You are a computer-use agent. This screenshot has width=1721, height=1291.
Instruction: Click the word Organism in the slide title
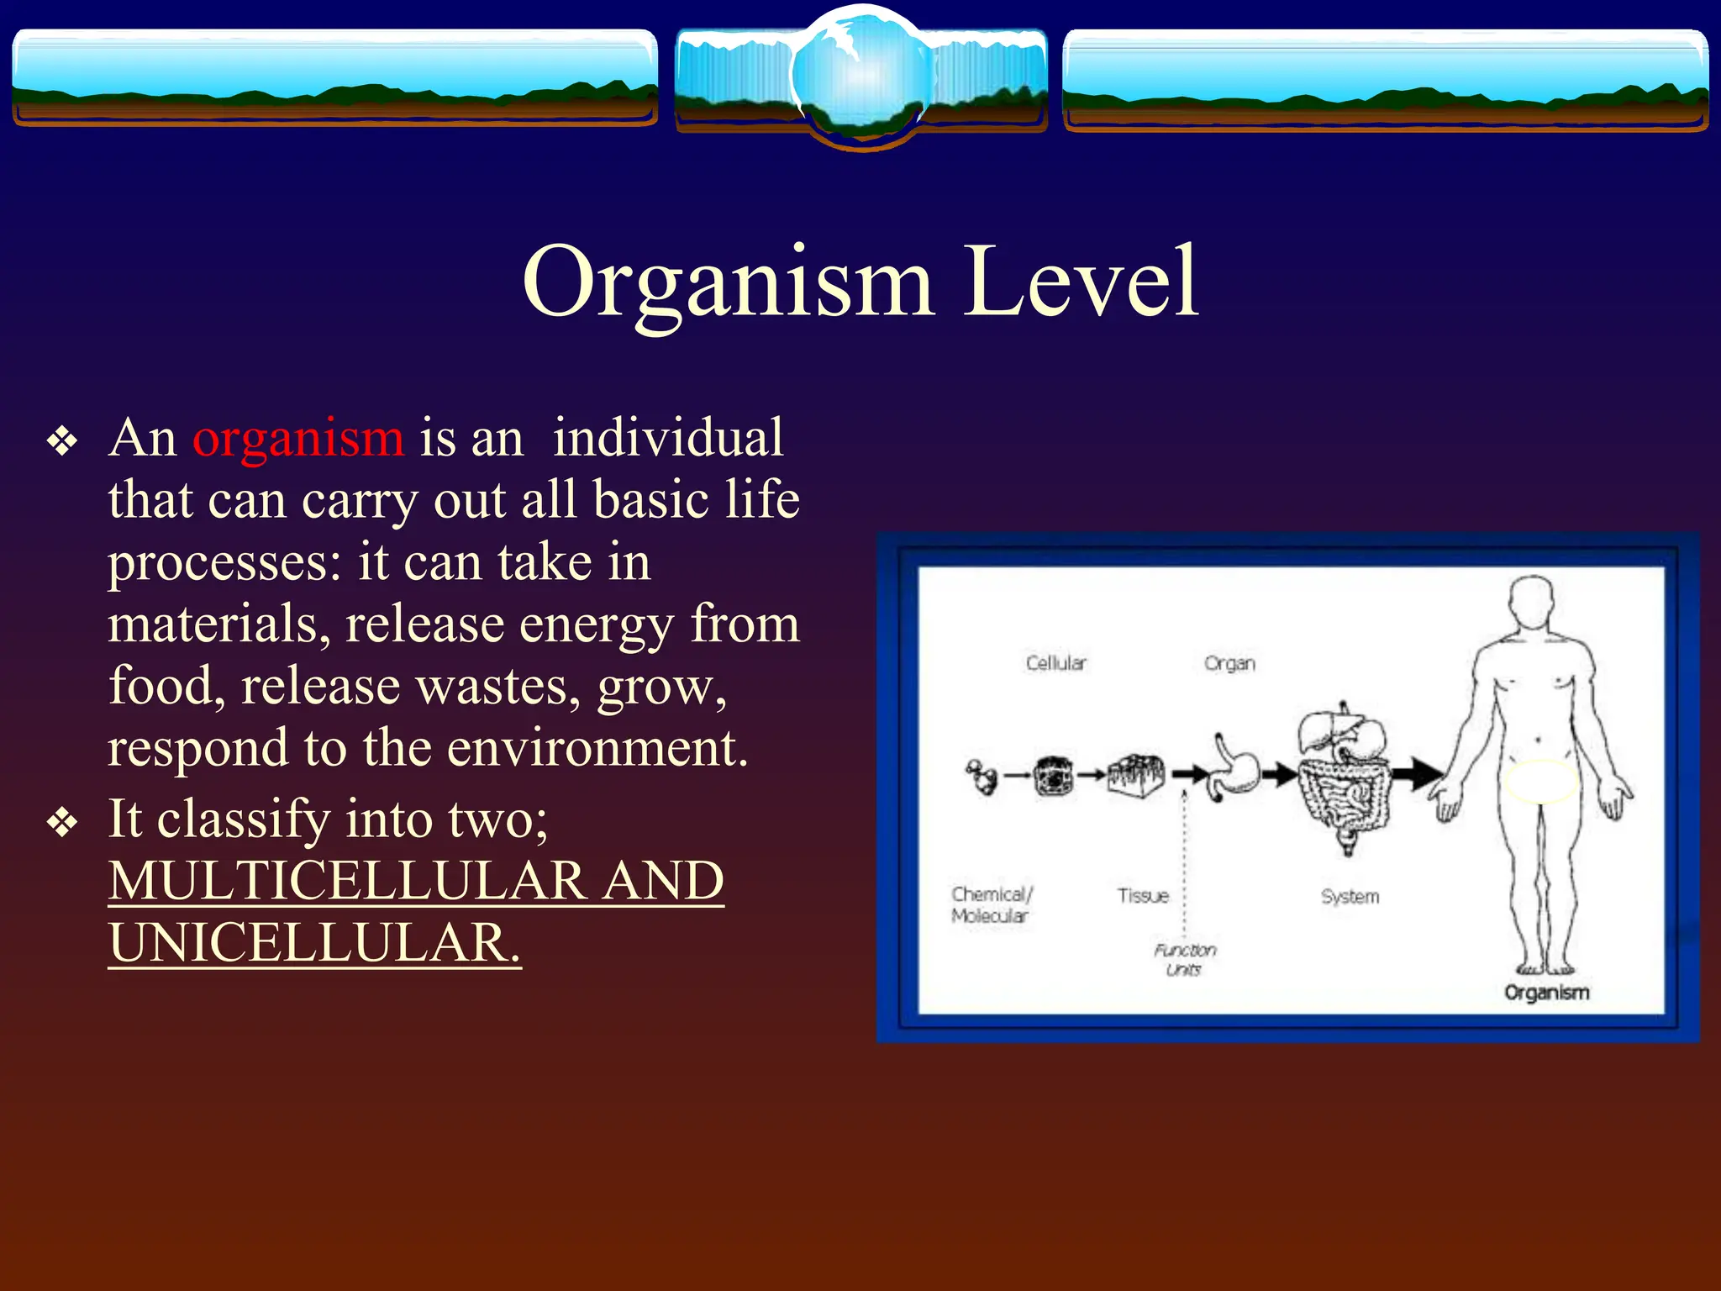click(x=728, y=283)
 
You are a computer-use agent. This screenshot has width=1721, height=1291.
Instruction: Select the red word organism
click(x=298, y=439)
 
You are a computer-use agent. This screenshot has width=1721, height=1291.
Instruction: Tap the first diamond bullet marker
click(x=62, y=440)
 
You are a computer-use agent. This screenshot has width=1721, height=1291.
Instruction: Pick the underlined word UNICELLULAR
click(x=313, y=943)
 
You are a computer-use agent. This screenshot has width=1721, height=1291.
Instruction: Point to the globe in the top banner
click(x=861, y=76)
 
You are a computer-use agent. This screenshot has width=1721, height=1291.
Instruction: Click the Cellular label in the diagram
click(x=1055, y=663)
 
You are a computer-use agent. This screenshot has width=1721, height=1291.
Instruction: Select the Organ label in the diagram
click(x=1229, y=663)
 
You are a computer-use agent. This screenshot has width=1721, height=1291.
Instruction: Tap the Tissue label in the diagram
click(x=1143, y=896)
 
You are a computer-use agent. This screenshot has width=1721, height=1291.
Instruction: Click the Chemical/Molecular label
click(x=991, y=905)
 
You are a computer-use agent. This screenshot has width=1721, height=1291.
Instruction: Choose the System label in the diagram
click(x=1350, y=897)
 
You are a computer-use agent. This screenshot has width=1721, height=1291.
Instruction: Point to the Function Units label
click(x=1184, y=959)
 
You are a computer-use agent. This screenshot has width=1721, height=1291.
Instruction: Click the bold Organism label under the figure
click(x=1546, y=993)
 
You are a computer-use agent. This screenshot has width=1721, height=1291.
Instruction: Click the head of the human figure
click(x=1534, y=602)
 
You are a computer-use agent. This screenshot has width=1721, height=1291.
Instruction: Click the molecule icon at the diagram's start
click(x=981, y=777)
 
